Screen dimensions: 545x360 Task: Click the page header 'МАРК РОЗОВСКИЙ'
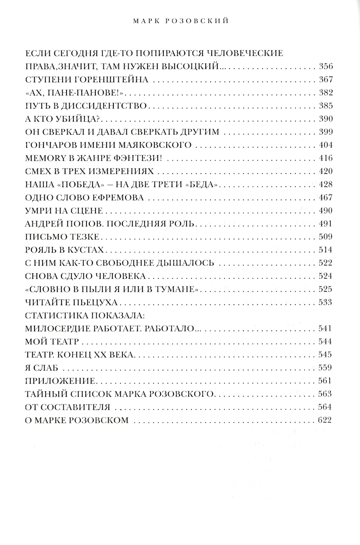[180, 22]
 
